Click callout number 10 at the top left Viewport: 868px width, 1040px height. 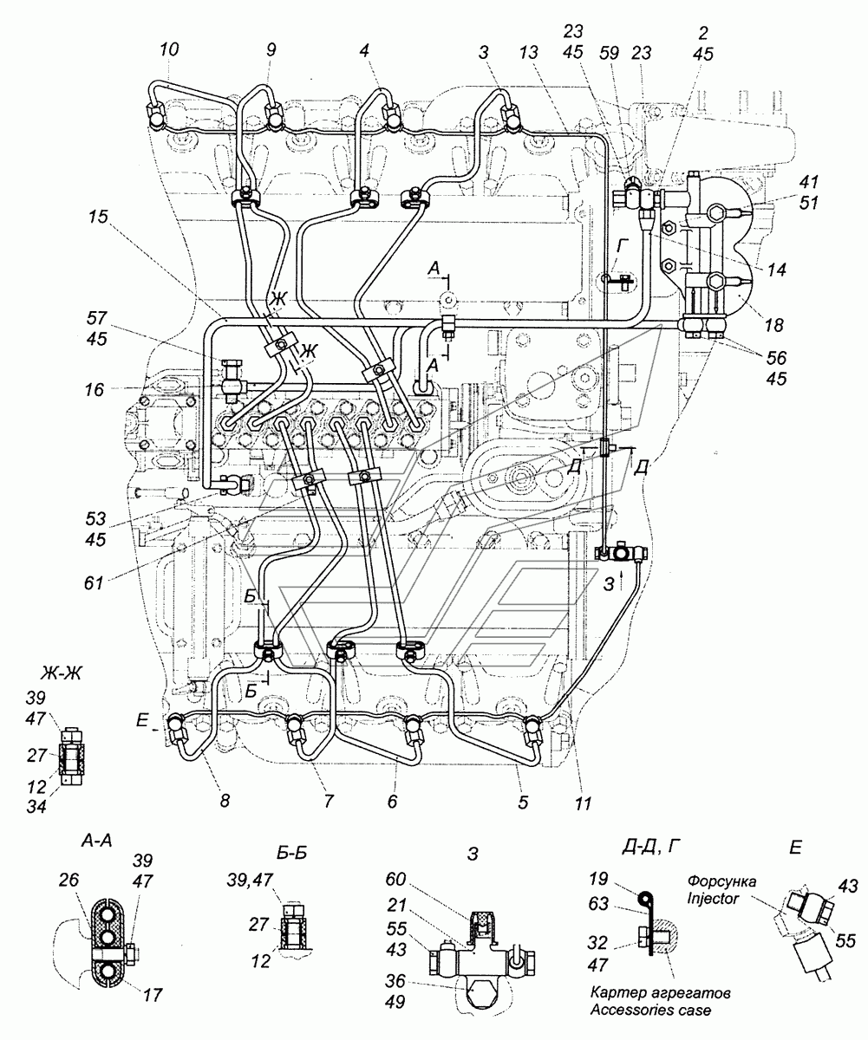tap(169, 49)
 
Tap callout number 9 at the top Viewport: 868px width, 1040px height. tap(271, 49)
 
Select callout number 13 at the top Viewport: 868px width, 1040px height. tap(528, 52)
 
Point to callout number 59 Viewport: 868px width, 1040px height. tap(609, 52)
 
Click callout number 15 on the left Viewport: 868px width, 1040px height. tap(98, 217)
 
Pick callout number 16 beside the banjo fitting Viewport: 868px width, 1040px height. tap(94, 389)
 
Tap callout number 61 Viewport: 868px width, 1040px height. tap(94, 582)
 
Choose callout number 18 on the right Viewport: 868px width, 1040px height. tap(773, 325)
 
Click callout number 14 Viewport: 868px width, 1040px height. tap(776, 270)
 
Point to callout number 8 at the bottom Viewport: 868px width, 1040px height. tap(225, 801)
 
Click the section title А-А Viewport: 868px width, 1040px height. tap(96, 842)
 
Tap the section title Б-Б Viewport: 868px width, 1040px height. tap(292, 853)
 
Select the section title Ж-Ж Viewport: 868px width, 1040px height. tap(61, 674)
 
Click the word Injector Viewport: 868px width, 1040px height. tap(713, 898)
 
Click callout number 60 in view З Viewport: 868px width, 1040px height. tap(395, 879)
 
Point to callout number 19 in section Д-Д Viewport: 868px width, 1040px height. tap(598, 879)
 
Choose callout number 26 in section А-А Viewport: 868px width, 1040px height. tap(69, 881)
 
